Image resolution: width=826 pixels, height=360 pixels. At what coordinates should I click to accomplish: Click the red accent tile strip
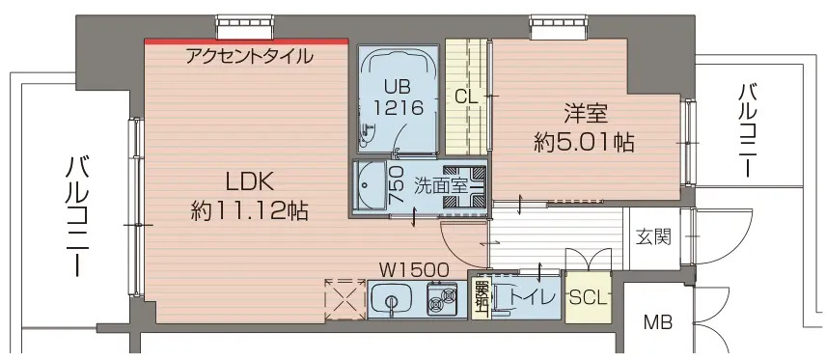(x=246, y=41)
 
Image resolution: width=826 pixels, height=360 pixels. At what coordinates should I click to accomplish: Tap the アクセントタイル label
(x=249, y=56)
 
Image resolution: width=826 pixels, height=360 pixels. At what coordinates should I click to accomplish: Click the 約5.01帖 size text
(x=584, y=143)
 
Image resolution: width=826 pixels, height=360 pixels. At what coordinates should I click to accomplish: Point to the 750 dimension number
(x=396, y=184)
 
